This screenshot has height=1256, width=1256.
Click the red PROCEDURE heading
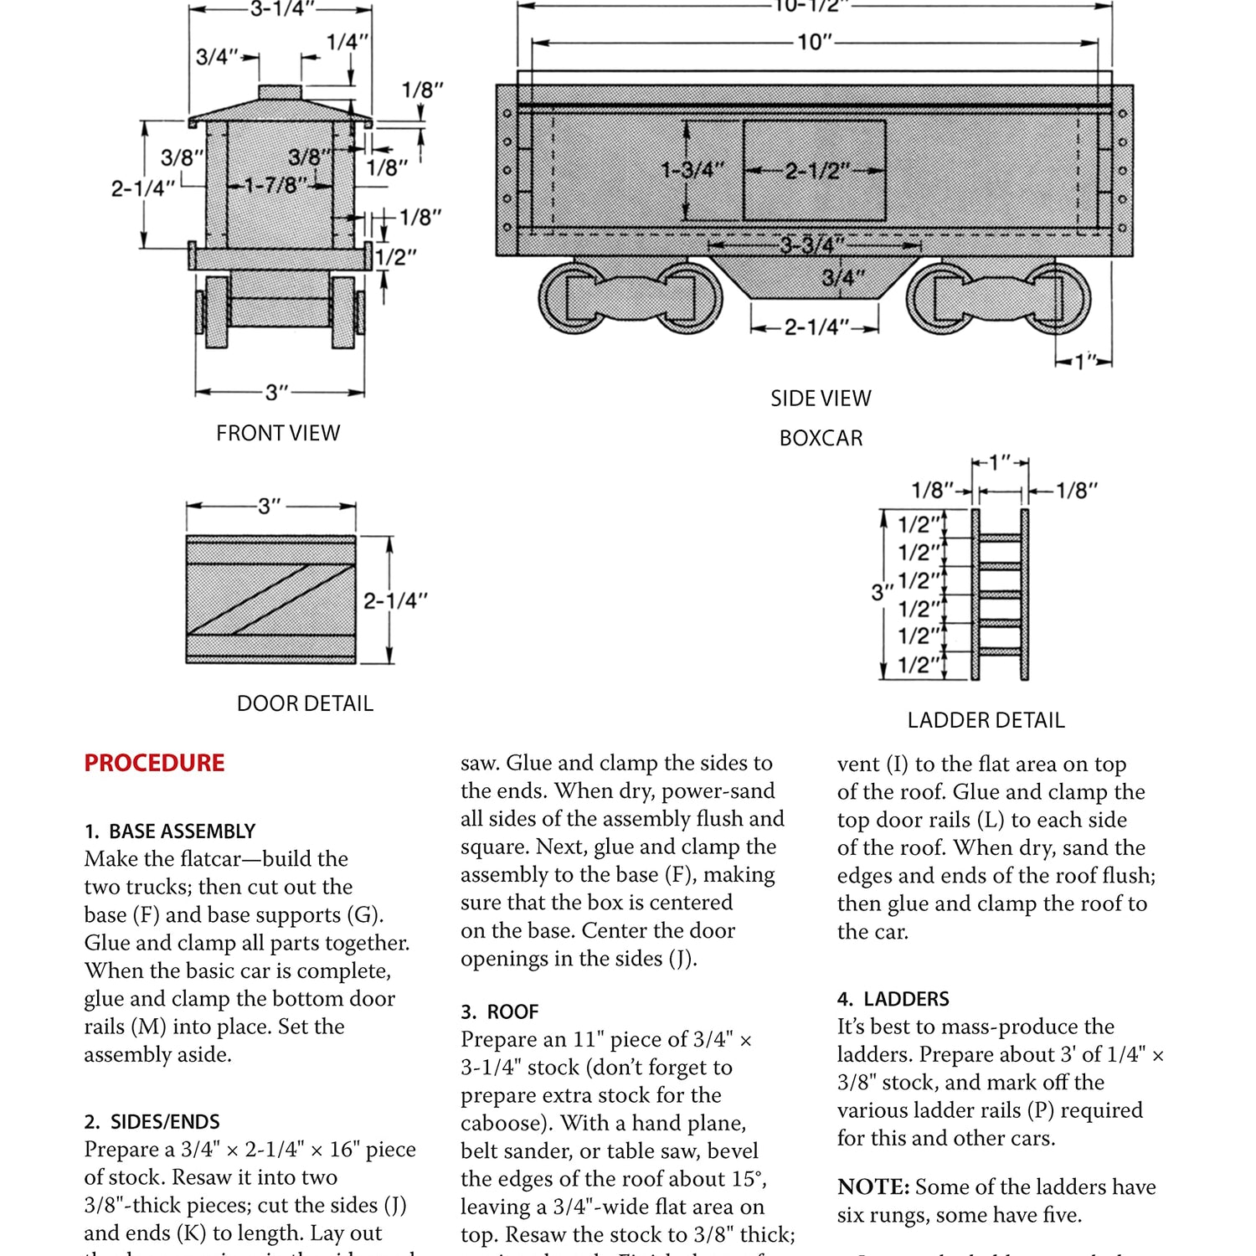[154, 763]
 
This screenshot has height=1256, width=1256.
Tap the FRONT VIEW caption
[278, 433]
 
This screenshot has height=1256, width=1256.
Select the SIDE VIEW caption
[821, 399]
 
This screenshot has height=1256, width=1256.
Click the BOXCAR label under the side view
[821, 438]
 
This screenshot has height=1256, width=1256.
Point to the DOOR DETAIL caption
[305, 703]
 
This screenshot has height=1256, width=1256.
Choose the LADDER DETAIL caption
[986, 720]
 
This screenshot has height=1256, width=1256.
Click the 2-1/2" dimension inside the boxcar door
[816, 172]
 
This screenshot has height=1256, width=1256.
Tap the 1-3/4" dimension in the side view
[692, 170]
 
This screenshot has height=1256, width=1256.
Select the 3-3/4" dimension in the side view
[812, 245]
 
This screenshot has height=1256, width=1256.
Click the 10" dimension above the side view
[815, 42]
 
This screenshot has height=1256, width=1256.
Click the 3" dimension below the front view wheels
[276, 392]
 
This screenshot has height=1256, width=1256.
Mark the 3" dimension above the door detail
[270, 506]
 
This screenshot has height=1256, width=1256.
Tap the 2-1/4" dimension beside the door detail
[394, 600]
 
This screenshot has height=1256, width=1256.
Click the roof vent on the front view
[280, 91]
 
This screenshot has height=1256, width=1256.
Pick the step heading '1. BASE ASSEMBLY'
[170, 831]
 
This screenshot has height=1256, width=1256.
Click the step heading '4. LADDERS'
[893, 998]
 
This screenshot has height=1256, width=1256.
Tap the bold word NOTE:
[873, 1187]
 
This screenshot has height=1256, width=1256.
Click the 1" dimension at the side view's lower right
[1085, 362]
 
